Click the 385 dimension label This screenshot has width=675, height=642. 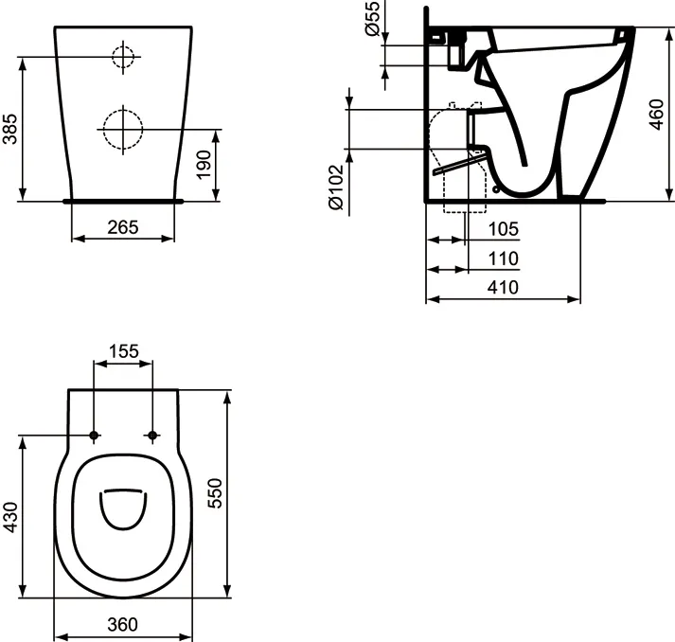9,129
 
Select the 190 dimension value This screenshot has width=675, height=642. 204,165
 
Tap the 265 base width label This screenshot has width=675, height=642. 123,227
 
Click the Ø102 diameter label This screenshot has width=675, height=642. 336,187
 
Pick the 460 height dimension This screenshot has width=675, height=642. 657,115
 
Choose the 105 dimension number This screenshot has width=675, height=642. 504,229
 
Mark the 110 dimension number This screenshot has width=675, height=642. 504,259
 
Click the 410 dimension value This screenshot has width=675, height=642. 503,287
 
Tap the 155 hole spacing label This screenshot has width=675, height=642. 124,351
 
